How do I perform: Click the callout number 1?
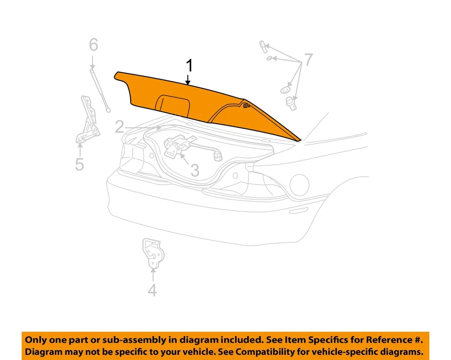[189, 65]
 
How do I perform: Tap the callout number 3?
[194, 170]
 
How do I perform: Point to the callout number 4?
[152, 290]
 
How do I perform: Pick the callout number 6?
[93, 45]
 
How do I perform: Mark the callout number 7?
[308, 60]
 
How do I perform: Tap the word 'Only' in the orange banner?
[36, 340]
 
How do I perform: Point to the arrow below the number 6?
[93, 61]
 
